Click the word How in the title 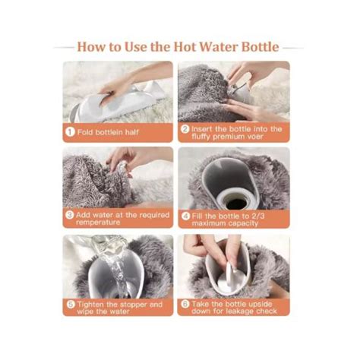(x=96, y=46)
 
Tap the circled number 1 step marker (x=69, y=130)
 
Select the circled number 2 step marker (x=185, y=130)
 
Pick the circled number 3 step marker (x=69, y=216)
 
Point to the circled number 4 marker (x=185, y=216)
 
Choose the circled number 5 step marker (x=69, y=305)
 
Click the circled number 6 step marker (x=185, y=305)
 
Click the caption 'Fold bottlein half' (x=107, y=130)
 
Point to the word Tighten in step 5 (x=92, y=304)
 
